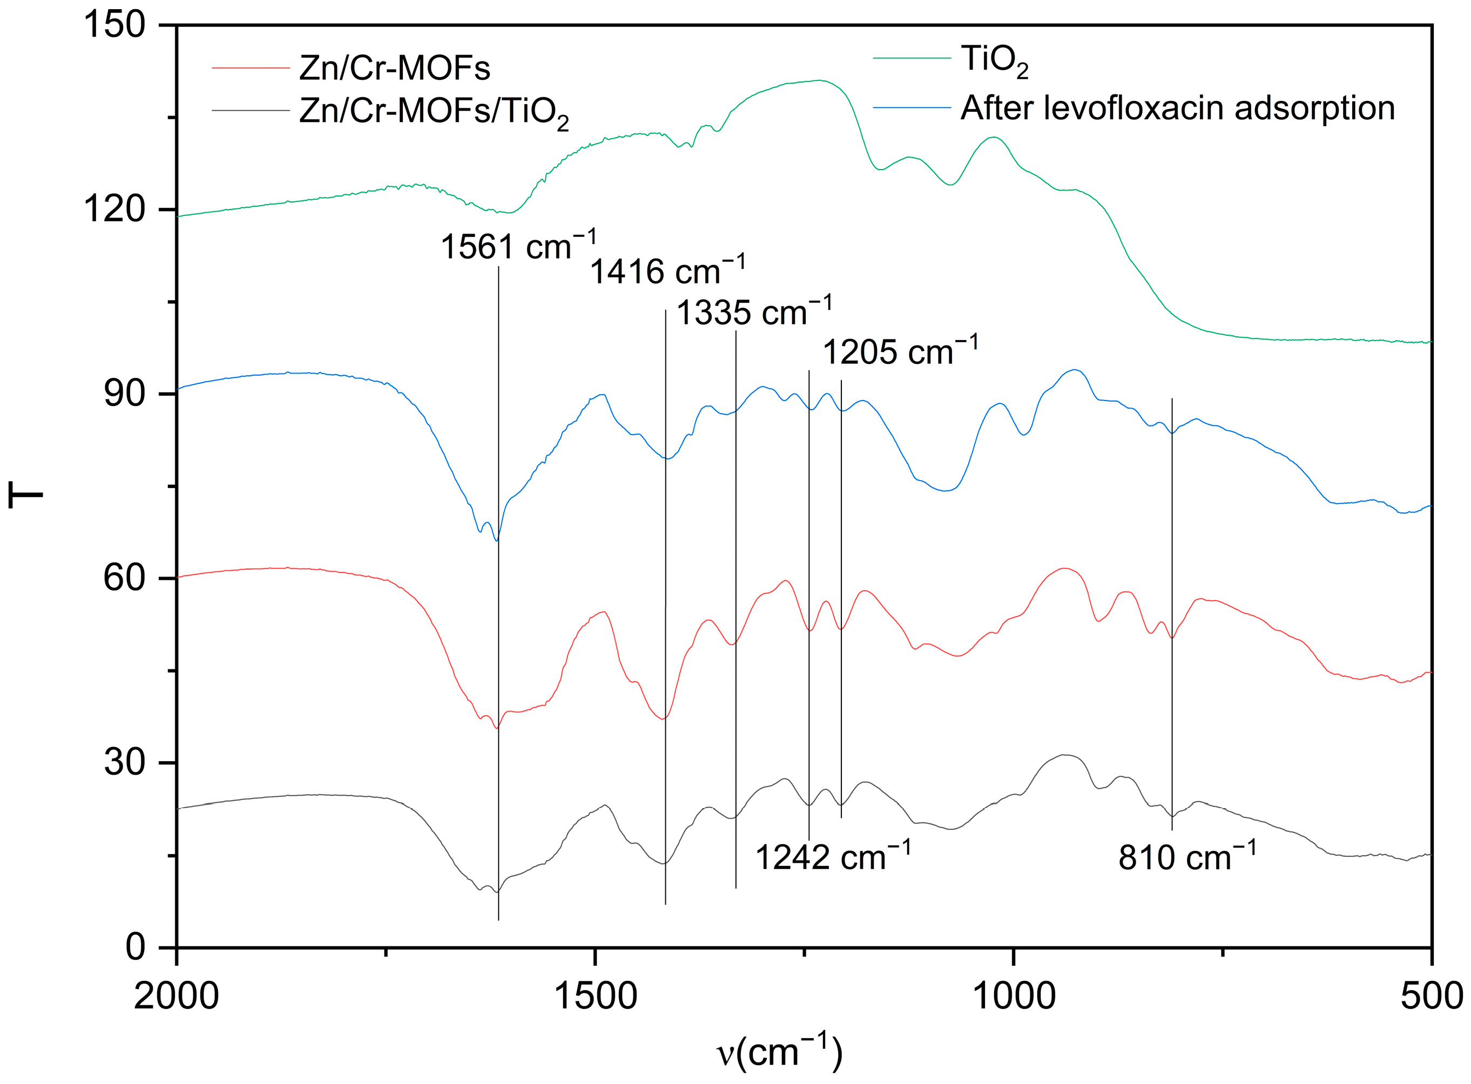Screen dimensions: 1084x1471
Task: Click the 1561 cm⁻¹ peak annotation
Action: [518, 247]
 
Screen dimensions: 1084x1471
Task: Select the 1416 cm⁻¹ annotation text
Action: [667, 271]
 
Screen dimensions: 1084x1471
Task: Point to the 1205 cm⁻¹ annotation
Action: [900, 352]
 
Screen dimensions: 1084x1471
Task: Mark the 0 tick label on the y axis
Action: [134, 947]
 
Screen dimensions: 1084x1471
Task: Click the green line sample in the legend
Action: [911, 58]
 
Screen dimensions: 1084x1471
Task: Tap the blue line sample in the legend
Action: [911, 107]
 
